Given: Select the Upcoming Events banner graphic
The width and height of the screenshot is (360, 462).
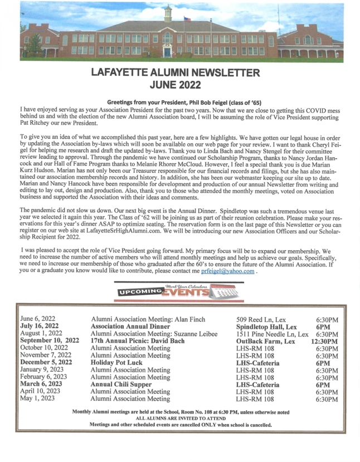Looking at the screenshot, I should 179,290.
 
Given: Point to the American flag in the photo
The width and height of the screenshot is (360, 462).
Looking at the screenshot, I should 187,20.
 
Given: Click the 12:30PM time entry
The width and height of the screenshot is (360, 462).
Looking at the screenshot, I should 325,342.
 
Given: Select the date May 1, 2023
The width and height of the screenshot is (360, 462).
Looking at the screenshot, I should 37,399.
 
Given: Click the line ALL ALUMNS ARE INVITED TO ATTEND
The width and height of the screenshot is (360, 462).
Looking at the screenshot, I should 181,418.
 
